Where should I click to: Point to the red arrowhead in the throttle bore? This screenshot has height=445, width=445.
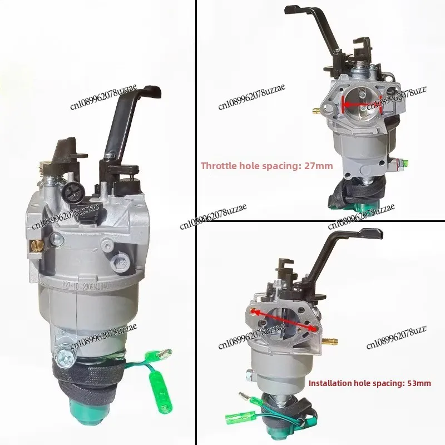click(345, 103)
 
